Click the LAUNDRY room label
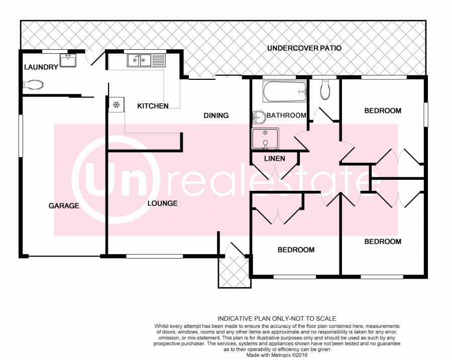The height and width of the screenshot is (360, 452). (41, 67)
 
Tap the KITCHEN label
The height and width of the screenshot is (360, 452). (153, 106)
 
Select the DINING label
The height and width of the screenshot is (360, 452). (216, 115)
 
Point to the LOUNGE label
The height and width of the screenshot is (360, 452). (163, 203)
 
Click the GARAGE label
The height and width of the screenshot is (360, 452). (64, 205)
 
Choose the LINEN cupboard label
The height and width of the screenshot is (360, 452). (274, 159)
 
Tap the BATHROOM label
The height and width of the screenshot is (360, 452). (286, 115)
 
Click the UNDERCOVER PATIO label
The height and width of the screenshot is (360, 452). (304, 49)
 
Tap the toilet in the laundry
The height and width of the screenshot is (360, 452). (33, 85)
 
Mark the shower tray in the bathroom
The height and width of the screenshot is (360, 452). (265, 139)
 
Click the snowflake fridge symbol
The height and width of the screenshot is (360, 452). (116, 104)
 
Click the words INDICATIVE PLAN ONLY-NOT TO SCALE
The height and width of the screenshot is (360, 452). (276, 318)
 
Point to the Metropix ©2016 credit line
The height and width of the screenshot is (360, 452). (276, 354)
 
